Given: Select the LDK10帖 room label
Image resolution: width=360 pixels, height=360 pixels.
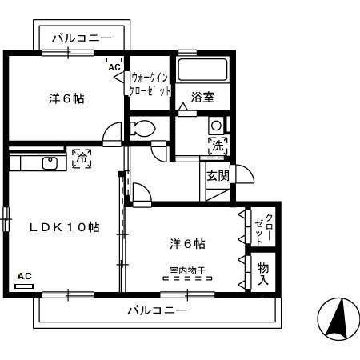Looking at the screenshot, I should (65, 227).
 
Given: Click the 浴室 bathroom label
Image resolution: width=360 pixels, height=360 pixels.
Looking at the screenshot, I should (202, 98).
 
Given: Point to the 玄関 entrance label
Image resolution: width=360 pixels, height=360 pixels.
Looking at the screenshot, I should (218, 176).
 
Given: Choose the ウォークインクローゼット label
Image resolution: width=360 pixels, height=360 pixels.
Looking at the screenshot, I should (150, 85).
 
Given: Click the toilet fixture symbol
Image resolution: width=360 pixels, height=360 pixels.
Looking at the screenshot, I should (142, 128).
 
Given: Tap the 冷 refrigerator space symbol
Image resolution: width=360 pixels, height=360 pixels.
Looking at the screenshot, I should (80, 158).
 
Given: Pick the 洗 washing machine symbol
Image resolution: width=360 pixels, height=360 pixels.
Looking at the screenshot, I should (218, 146).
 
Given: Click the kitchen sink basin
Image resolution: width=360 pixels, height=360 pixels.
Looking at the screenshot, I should (50, 163).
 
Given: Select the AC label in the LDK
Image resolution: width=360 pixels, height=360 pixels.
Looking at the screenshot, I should (24, 276).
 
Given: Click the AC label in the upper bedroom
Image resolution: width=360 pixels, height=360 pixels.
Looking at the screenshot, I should (114, 67).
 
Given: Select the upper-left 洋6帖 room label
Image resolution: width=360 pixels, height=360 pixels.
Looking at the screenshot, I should (66, 99).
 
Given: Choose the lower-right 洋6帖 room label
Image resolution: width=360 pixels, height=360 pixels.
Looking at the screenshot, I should (186, 243).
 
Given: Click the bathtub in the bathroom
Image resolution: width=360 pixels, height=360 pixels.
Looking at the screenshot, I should (202, 70).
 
